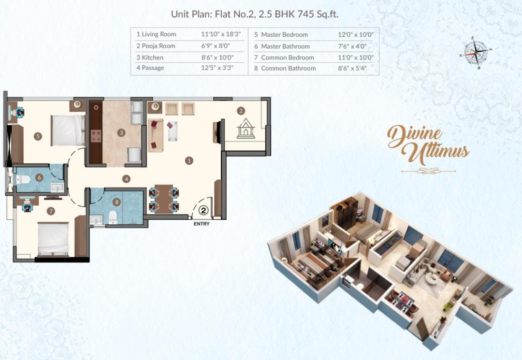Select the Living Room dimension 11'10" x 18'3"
[221, 34]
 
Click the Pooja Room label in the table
[156, 46]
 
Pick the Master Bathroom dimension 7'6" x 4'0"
[352, 46]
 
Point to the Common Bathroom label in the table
[285, 68]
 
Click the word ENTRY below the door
[202, 224]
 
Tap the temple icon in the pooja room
[246, 129]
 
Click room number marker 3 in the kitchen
[121, 133]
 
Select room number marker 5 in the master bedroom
[38, 136]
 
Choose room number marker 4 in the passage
[126, 179]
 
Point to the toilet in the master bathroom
[23, 180]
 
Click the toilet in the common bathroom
[113, 217]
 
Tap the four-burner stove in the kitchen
[96, 136]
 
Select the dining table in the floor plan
[164, 199]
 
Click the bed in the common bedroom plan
[53, 239]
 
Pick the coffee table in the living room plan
[173, 131]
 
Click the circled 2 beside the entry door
[204, 211]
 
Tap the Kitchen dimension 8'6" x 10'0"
[217, 58]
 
